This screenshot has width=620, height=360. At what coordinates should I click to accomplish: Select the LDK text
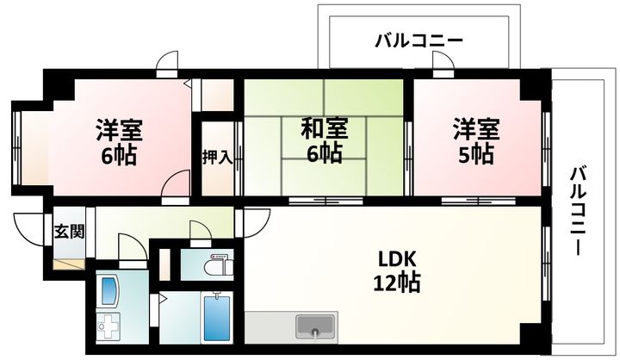click(x=397, y=258)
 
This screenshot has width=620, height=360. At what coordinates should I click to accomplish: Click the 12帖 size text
click(x=397, y=282)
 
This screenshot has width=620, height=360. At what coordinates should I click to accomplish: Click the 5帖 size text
click(x=475, y=155)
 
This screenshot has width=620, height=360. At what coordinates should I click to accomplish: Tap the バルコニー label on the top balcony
click(x=419, y=40)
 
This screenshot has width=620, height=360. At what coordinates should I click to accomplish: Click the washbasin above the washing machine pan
click(x=109, y=291)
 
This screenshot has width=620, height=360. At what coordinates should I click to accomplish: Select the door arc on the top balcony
click(x=443, y=60)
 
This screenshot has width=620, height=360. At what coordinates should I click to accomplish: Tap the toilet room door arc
click(x=200, y=232)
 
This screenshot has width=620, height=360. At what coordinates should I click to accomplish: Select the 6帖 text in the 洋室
click(x=119, y=157)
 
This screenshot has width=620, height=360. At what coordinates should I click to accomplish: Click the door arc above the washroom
click(x=131, y=247)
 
